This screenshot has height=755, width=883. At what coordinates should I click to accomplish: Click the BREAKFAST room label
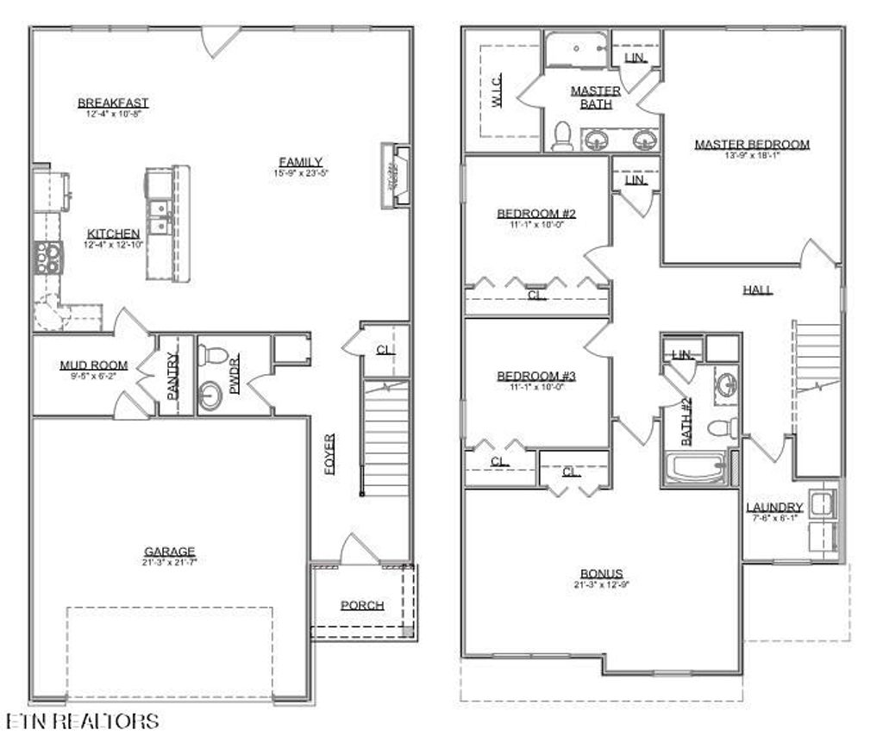point(113,103)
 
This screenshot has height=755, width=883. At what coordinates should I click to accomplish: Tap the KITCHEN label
point(113,234)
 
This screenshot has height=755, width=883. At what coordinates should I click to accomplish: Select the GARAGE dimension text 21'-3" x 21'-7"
point(170,562)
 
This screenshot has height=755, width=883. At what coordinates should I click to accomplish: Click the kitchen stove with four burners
point(47,257)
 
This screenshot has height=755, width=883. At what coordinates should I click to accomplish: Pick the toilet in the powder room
point(211,354)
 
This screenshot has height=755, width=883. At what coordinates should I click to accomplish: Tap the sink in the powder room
point(210,396)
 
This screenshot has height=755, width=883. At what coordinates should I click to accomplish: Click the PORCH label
point(362,605)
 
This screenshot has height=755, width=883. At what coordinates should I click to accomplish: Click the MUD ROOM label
point(93,365)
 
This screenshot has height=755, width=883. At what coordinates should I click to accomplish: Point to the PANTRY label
point(172,376)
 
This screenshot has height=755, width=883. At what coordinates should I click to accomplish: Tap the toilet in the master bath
point(562,136)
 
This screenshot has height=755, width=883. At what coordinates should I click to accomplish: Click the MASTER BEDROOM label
point(752,144)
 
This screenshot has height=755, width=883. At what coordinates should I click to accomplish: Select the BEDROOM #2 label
point(535,214)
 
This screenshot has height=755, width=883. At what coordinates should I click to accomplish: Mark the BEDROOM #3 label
point(535,377)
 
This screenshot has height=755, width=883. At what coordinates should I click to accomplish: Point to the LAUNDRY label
point(774,508)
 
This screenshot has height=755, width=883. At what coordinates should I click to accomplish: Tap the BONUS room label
point(601,574)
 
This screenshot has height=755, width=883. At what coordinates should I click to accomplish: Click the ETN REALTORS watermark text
point(82,721)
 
